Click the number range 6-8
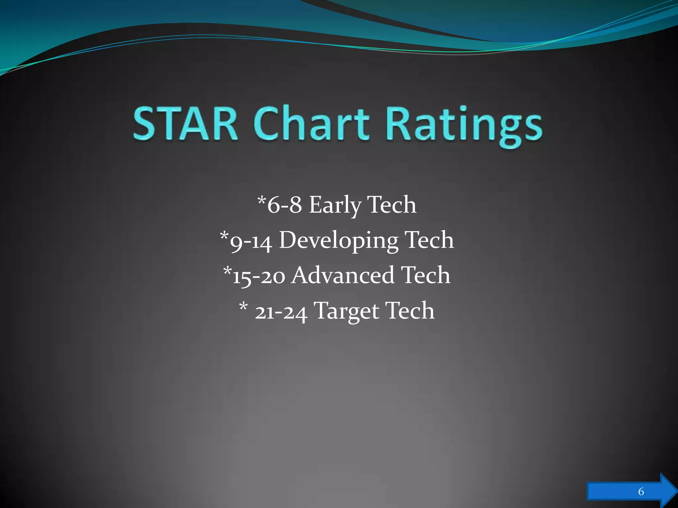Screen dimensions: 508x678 (x=284, y=205)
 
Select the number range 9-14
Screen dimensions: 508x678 (x=251, y=241)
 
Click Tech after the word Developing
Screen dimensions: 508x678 (x=429, y=240)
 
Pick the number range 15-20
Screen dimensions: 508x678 (x=259, y=276)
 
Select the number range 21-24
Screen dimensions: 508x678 (x=281, y=312)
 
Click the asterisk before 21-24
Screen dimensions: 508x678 (x=243, y=306)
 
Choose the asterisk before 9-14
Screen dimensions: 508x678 (x=224, y=236)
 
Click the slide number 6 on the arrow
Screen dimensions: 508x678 (x=641, y=491)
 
